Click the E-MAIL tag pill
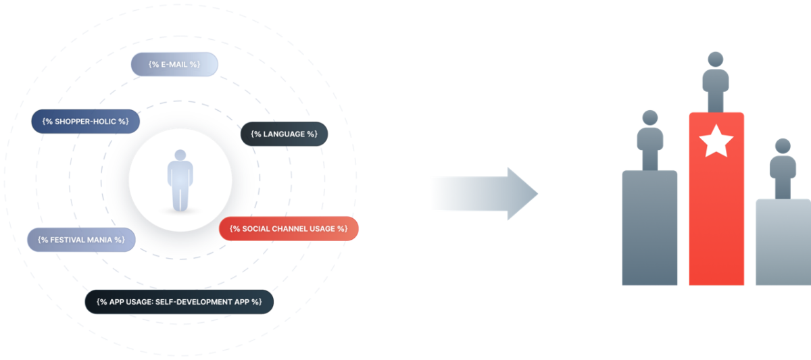pyautogui.click(x=174, y=64)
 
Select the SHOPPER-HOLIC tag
pyautogui.click(x=85, y=121)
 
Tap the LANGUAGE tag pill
pyautogui.click(x=284, y=134)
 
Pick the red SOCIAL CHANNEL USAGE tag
pyautogui.click(x=289, y=228)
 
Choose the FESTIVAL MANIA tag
pyautogui.click(x=81, y=240)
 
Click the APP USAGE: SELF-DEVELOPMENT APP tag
pyautogui.click(x=178, y=301)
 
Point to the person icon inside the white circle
pyautogui.click(x=180, y=181)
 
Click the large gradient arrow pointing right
pyautogui.click(x=484, y=194)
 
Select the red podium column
pyautogui.click(x=716, y=216)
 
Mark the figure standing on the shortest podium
pyautogui.click(x=783, y=169)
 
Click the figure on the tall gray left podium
pyautogui.click(x=650, y=140)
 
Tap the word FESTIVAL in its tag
pyautogui.click(x=70, y=240)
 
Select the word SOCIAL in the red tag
pyautogui.click(x=256, y=228)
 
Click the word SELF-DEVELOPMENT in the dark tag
pyautogui.click(x=203, y=301)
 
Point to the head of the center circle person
pyautogui.click(x=180, y=155)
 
